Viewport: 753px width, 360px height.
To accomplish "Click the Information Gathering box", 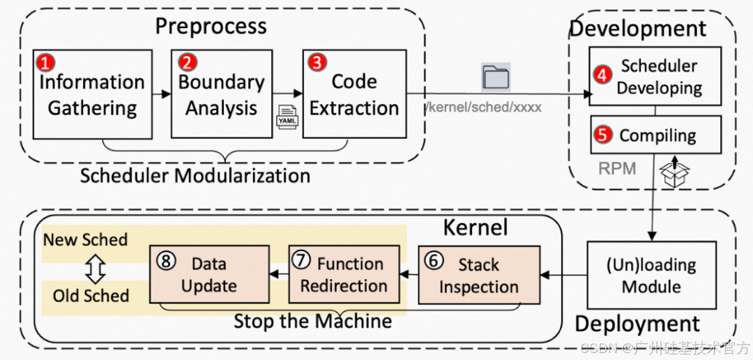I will point(92,94).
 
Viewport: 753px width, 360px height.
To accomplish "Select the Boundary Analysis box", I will point(221,94).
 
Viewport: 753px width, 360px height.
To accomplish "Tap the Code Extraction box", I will point(354,94).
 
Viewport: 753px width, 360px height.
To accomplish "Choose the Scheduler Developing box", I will point(655,77).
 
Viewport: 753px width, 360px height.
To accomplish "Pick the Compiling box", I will point(655,135).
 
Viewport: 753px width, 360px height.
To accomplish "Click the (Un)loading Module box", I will point(651,275).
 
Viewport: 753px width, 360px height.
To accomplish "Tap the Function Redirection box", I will point(344,273).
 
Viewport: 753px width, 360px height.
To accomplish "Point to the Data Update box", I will point(209,273).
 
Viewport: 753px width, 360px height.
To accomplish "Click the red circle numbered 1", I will point(46,63).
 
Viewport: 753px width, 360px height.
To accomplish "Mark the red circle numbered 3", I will point(317,62).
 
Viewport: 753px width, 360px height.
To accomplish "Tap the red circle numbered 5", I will point(603,135).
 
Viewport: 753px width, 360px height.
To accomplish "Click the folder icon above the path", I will point(496,77).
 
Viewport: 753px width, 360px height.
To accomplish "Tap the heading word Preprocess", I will point(211,27).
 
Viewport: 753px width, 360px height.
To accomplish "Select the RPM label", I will point(617,169).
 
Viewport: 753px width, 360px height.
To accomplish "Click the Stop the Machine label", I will point(312,322).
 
